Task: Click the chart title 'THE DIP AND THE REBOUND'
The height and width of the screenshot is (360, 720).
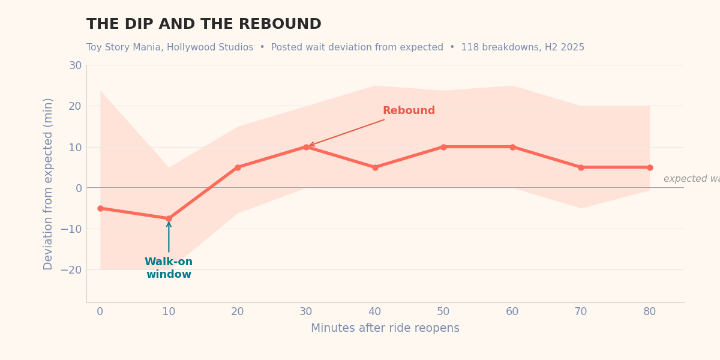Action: tap(203, 25)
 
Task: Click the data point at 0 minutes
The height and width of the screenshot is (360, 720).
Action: tap(100, 208)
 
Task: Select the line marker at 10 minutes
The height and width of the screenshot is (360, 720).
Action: tap(169, 218)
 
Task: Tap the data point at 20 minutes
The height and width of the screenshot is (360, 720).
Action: tap(238, 167)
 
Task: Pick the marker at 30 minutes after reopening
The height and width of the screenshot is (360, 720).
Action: tap(306, 147)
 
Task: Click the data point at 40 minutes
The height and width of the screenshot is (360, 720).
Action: tap(375, 167)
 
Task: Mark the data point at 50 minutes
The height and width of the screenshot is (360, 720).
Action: tap(443, 147)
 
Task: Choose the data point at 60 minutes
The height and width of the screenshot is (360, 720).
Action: tap(512, 147)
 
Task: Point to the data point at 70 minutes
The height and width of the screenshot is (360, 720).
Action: tap(581, 167)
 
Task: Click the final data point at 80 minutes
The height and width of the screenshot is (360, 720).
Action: tap(650, 167)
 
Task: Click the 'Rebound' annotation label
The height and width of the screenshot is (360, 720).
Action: tap(409, 111)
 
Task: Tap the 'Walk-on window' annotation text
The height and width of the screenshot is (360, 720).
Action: tap(169, 268)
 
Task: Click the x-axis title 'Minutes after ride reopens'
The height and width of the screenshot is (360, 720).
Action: tap(385, 328)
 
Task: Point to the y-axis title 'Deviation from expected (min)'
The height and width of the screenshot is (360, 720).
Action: tap(48, 184)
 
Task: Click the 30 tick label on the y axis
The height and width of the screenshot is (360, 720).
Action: tap(75, 65)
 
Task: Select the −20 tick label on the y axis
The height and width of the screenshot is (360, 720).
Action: tap(71, 270)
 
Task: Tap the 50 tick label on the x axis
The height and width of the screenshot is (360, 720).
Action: tap(443, 312)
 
